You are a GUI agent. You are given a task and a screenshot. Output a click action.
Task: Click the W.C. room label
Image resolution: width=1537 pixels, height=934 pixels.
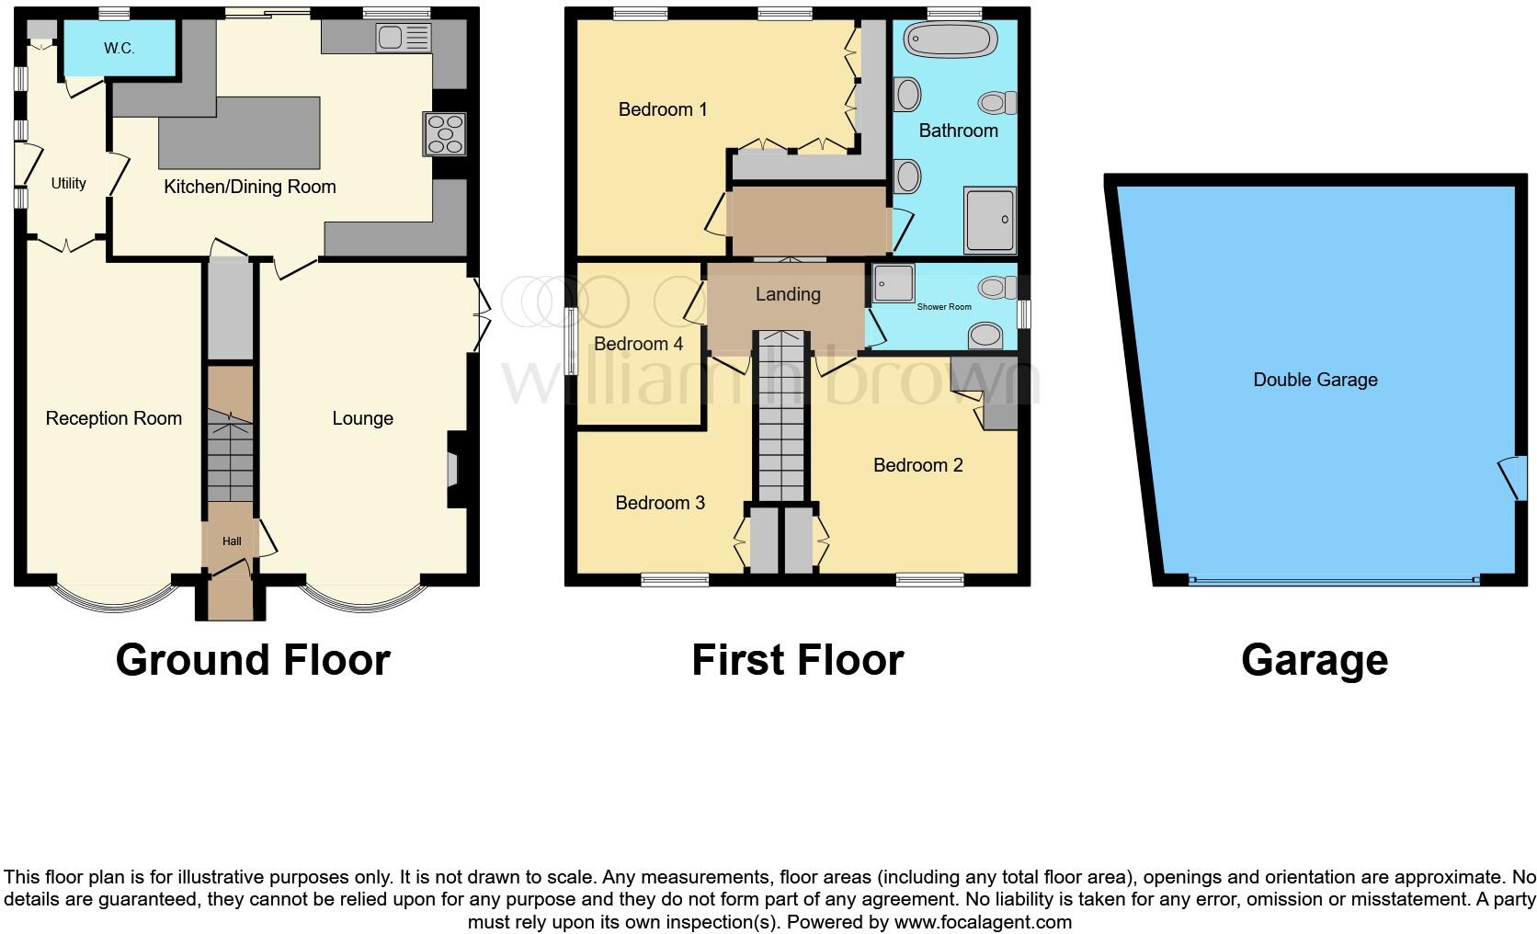[119, 49]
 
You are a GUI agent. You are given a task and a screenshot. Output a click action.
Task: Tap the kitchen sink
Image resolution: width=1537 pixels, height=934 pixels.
[403, 38]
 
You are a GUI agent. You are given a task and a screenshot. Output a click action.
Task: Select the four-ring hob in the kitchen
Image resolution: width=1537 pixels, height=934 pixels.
[446, 134]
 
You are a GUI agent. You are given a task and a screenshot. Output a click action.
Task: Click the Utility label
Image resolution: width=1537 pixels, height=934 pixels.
[68, 183]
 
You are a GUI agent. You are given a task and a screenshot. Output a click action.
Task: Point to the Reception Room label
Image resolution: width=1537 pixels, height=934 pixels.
[114, 418]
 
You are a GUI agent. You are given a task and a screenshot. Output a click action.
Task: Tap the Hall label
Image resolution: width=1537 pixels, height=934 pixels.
[232, 541]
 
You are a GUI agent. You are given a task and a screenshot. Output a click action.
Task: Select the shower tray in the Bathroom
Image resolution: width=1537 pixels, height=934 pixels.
[990, 219]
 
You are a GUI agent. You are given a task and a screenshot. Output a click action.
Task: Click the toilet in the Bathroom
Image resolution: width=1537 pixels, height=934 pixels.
[996, 101]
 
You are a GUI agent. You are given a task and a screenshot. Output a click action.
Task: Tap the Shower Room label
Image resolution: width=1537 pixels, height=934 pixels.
[944, 307]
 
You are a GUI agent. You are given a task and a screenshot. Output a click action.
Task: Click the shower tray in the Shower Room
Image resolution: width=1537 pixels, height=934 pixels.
[892, 283]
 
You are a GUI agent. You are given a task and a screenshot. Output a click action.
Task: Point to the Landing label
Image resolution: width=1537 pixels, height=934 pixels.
[788, 294]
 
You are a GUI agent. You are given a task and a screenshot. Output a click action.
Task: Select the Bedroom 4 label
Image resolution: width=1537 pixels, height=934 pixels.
[638, 344]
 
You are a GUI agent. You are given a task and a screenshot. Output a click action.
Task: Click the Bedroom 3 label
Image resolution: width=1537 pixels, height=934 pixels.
[660, 503]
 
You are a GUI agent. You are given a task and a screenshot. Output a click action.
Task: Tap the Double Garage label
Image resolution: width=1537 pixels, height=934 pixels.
[1315, 380]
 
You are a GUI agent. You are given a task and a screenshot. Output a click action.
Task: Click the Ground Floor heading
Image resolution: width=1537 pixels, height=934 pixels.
[253, 660]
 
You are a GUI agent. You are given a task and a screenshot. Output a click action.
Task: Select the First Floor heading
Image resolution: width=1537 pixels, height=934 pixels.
[797, 660]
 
